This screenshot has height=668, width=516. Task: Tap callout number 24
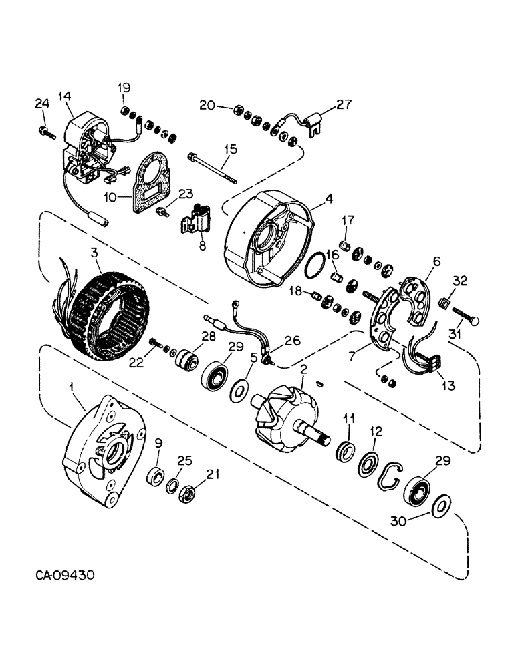41,103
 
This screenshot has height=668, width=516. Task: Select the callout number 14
65,96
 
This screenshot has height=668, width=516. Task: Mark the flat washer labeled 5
237,388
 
